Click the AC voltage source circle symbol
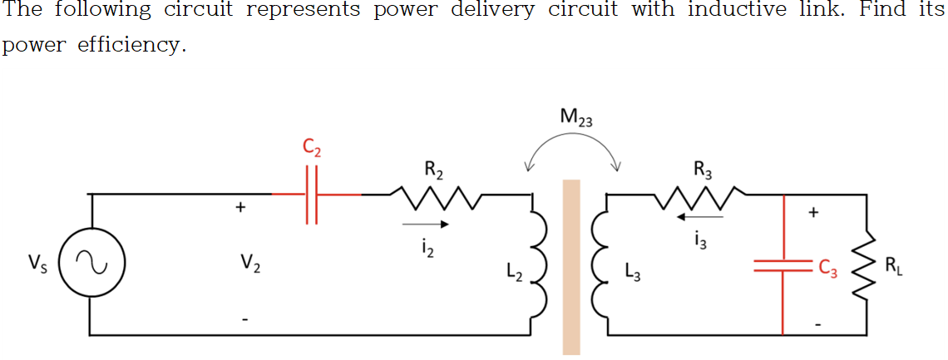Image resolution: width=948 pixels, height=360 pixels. point(91,265)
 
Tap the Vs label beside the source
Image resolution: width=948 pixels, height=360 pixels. point(37,265)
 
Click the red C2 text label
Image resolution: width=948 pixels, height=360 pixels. point(313,150)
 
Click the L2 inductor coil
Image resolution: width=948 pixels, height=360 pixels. point(539,264)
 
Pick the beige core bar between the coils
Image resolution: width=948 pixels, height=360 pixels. point(571,266)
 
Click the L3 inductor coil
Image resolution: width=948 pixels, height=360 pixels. point(599,264)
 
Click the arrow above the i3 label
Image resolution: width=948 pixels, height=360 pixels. point(700,218)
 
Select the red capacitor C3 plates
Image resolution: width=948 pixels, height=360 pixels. point(783,266)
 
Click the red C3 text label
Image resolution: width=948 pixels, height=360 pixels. point(827,267)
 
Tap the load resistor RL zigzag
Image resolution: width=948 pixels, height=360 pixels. point(867,266)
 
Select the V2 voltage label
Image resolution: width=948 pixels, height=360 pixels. point(248,265)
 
